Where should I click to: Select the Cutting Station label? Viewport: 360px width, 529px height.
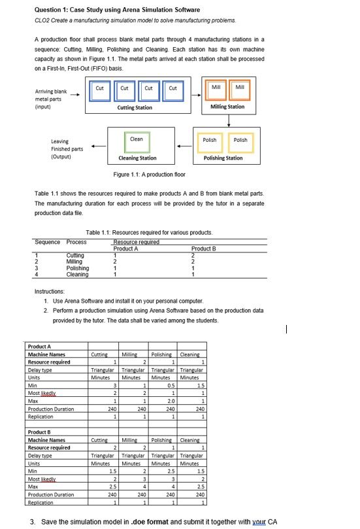click(x=135, y=107)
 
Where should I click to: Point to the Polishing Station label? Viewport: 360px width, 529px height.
click(x=223, y=158)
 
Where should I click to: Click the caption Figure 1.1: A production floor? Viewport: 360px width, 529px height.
click(x=149, y=175)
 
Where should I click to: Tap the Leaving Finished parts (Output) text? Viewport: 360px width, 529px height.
click(x=67, y=148)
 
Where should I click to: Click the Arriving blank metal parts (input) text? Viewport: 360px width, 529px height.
click(x=47, y=99)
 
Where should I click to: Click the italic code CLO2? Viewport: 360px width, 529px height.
click(x=41, y=20)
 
